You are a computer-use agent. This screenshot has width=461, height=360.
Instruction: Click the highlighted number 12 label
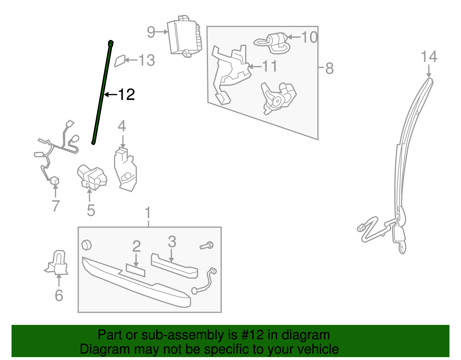[x=126, y=95]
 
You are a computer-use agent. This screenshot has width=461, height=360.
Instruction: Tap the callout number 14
[x=429, y=57]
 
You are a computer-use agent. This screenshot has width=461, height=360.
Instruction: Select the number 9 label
[x=151, y=32]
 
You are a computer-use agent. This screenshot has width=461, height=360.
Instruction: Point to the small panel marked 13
[x=120, y=61]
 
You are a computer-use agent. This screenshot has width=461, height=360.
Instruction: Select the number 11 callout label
[x=269, y=66]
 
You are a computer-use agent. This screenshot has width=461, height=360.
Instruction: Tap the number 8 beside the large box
[x=329, y=69]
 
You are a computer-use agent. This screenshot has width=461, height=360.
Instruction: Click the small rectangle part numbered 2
[x=135, y=270]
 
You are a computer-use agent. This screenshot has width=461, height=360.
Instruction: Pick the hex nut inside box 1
[x=86, y=245]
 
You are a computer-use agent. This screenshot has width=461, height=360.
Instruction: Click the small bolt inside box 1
[x=207, y=246]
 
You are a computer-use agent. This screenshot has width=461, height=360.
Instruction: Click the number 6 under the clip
[x=59, y=295]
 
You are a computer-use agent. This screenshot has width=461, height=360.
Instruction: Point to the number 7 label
[x=56, y=206]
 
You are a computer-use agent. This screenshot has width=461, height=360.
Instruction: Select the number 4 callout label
[x=122, y=126]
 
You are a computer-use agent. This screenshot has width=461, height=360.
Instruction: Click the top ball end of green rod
[x=110, y=43]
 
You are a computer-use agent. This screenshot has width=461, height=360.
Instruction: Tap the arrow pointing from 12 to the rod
[x=110, y=95]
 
